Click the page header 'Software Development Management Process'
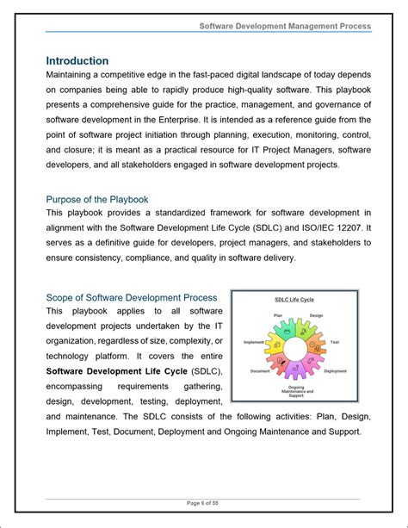285,26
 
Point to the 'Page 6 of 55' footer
203,503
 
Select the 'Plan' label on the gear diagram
278,316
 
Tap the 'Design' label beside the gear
316,316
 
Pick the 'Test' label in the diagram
334,342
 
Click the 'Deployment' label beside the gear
335,371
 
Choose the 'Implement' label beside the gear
254,342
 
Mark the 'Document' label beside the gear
260,371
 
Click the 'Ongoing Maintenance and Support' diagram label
295,392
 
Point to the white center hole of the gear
294,351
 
